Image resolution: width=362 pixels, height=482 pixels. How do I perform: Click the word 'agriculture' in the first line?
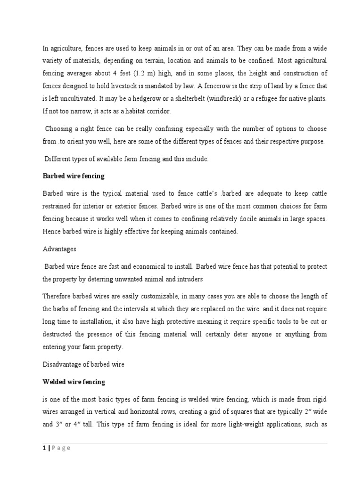(x=65, y=49)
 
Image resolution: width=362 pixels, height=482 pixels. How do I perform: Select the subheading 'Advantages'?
(x=59, y=249)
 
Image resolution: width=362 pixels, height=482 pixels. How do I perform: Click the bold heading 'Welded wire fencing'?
(x=74, y=382)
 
